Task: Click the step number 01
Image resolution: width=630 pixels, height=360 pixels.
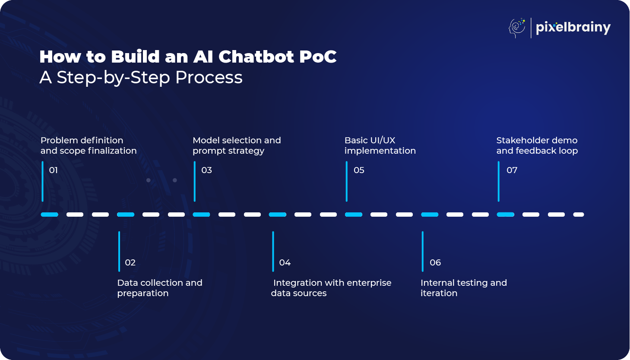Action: pos(54,170)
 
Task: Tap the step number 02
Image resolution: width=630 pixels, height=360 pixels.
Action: pos(130,262)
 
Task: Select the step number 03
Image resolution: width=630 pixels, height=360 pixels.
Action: pos(206,170)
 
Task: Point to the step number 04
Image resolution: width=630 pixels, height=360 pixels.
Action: pos(285,262)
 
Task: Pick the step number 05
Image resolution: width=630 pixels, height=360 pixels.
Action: pos(359,170)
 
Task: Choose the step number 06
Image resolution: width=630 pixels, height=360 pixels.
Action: pos(435,262)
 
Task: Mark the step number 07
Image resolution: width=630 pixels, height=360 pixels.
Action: pos(512,170)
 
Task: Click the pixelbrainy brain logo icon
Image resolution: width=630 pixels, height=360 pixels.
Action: pos(517,28)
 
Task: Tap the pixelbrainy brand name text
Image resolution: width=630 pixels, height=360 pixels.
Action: pos(573,28)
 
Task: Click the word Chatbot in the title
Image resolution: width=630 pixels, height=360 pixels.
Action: pos(256,57)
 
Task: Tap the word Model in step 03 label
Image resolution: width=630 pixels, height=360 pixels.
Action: pos(206,140)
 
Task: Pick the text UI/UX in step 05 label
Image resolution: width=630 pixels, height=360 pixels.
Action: pos(383,140)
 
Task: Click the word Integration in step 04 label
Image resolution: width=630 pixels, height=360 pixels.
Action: pos(298,283)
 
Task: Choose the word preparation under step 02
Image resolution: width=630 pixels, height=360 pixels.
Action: pos(143,293)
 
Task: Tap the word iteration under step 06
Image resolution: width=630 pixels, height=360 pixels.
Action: pos(439,293)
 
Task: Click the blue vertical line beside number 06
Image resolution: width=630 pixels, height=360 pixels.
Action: pos(423,252)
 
